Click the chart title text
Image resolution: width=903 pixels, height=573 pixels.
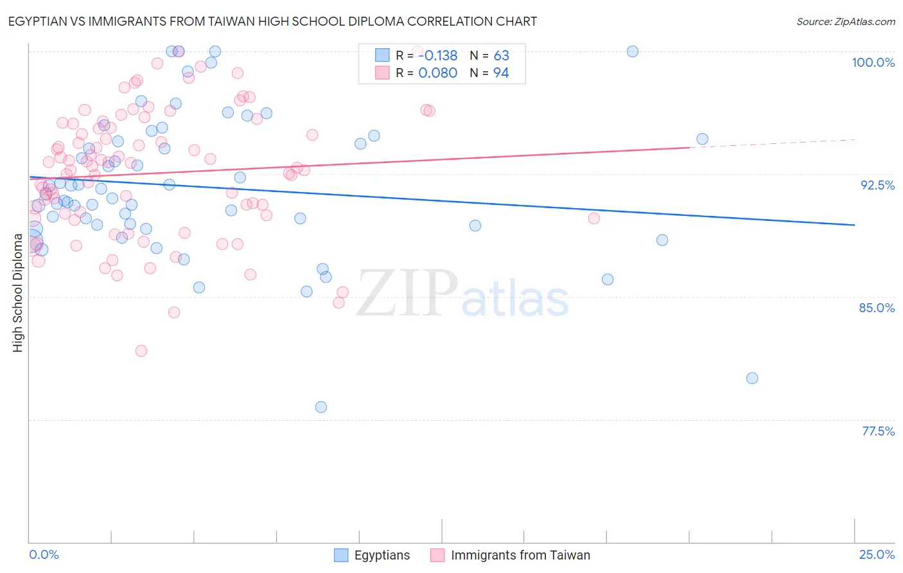272,21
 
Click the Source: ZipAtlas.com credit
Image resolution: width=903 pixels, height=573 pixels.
845,21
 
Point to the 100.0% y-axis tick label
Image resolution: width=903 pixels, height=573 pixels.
873,62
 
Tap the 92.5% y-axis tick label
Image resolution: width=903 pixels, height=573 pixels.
877,185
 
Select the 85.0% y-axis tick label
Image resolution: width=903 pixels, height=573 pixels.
877,308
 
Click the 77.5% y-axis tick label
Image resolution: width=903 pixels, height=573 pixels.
878,431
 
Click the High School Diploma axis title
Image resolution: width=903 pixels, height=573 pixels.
18,293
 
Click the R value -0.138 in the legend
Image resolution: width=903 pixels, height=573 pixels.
437,56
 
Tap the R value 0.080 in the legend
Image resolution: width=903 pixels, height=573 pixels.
437,73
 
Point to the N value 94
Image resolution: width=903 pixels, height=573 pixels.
501,73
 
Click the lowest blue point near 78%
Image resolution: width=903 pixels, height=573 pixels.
321,407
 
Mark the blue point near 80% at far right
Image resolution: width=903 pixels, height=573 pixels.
752,378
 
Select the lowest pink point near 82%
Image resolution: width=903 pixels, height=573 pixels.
141,351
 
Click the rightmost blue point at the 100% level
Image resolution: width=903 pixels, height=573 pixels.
633,51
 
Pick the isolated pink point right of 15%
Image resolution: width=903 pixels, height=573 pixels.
594,218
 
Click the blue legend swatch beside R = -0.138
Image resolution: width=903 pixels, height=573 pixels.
382,55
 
